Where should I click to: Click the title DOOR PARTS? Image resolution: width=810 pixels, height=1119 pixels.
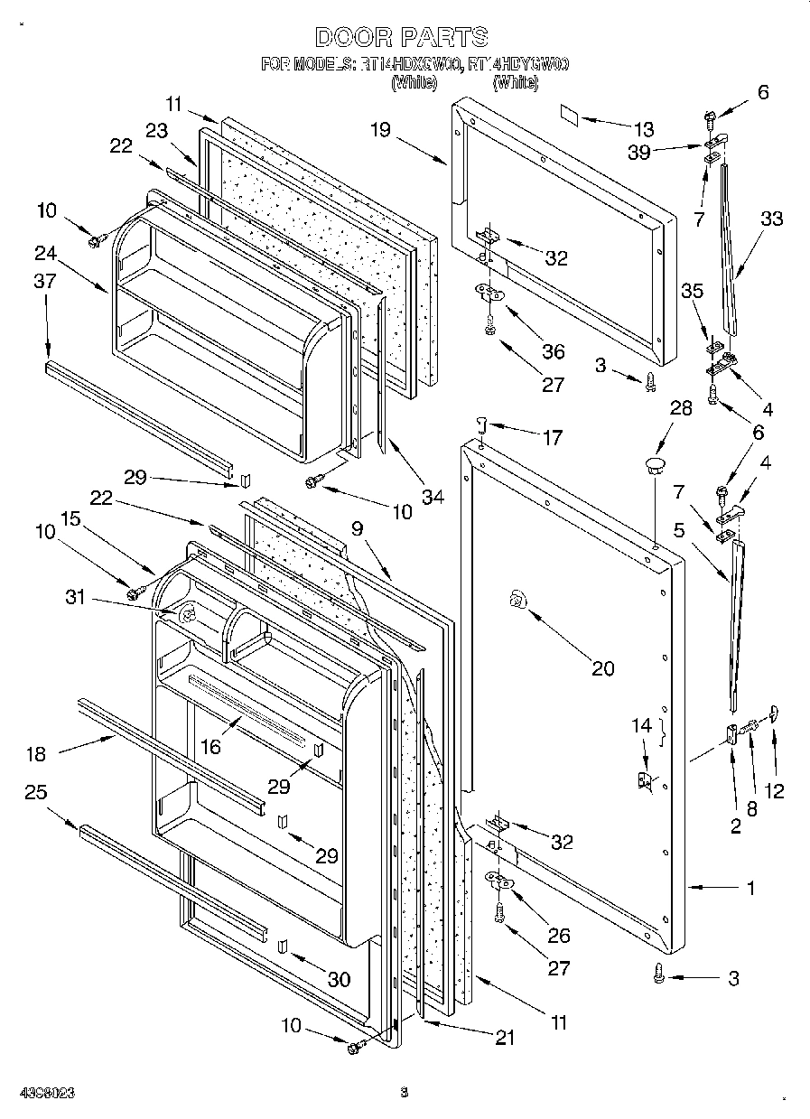(x=402, y=37)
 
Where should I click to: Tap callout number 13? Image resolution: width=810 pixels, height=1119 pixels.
(x=642, y=130)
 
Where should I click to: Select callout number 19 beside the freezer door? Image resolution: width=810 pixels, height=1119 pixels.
(x=379, y=130)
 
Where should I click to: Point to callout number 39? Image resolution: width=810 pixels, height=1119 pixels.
(x=638, y=153)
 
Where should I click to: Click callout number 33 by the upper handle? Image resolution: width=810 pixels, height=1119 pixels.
(x=771, y=219)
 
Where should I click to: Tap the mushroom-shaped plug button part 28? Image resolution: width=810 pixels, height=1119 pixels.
(x=653, y=464)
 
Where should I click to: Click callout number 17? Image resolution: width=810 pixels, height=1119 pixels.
(x=553, y=438)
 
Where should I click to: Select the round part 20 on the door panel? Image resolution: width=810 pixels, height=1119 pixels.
(x=517, y=599)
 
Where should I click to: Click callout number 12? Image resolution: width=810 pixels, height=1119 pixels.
(x=773, y=791)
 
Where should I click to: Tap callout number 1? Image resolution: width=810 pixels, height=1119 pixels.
(x=749, y=888)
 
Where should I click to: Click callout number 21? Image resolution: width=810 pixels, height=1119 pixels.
(x=504, y=1038)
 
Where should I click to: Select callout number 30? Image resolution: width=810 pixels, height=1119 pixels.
(x=339, y=978)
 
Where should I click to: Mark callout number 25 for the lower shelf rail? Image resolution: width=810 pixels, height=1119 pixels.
(x=36, y=792)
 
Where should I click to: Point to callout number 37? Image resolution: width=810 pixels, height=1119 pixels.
(x=45, y=282)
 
